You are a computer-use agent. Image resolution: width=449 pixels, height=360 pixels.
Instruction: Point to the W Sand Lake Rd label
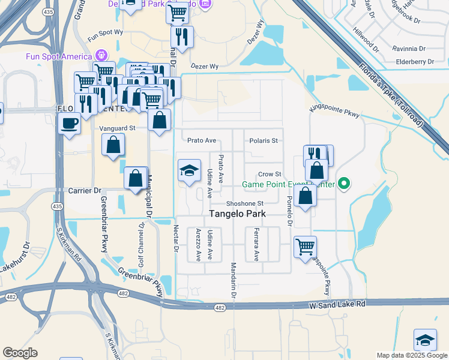click(x=337, y=304)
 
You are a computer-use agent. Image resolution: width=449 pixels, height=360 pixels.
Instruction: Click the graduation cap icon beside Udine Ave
click(x=189, y=170)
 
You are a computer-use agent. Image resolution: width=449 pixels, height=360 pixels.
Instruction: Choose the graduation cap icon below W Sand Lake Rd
click(x=425, y=340)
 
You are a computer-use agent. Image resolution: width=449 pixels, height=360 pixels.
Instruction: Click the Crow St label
click(x=270, y=174)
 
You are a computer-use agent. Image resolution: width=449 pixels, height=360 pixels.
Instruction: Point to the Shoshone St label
click(x=245, y=204)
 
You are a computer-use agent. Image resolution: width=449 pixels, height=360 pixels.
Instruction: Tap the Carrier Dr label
click(x=83, y=190)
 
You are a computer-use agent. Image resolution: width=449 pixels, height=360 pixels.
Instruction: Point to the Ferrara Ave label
click(x=256, y=244)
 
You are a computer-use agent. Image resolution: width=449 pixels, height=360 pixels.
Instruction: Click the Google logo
click(x=20, y=353)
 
